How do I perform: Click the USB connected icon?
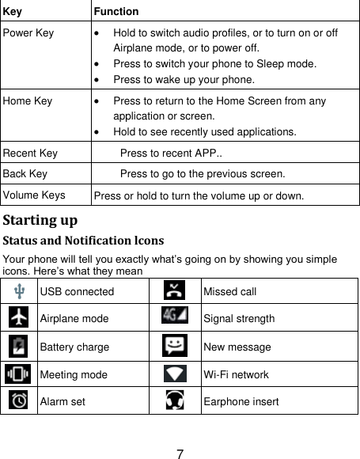click(x=18, y=291)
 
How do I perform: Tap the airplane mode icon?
click(x=18, y=317)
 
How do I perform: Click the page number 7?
click(x=180, y=454)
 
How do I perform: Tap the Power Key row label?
click(x=28, y=32)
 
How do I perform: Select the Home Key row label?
click(x=27, y=102)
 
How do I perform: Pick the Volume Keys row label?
click(x=32, y=193)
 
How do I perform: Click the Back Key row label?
click(x=24, y=172)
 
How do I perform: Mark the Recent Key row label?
click(x=28, y=151)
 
